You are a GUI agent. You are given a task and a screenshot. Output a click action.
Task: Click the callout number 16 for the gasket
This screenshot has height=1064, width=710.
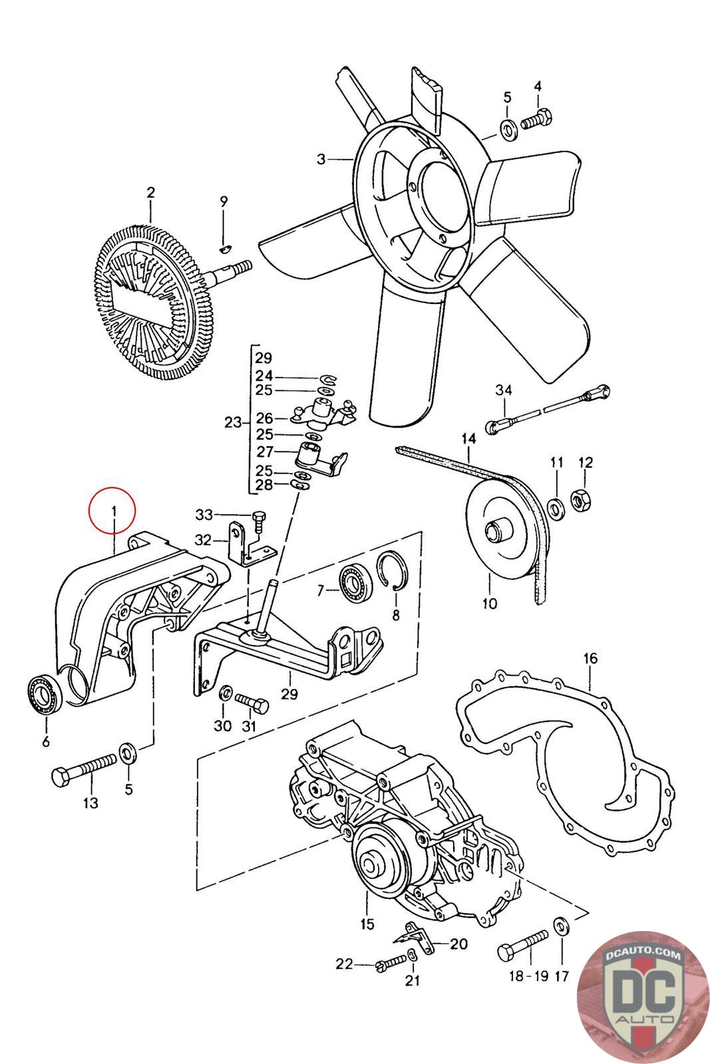(590, 658)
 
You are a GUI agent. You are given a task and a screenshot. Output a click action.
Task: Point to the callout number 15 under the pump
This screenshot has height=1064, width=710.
(367, 924)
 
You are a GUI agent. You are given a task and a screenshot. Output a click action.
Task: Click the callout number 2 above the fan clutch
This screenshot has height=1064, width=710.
(151, 193)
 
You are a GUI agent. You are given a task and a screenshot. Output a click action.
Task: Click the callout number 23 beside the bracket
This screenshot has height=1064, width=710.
(233, 422)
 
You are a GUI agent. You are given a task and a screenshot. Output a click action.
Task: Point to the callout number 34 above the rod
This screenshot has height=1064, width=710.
(504, 389)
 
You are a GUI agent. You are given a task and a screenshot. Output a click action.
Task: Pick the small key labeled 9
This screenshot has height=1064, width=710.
(224, 249)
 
